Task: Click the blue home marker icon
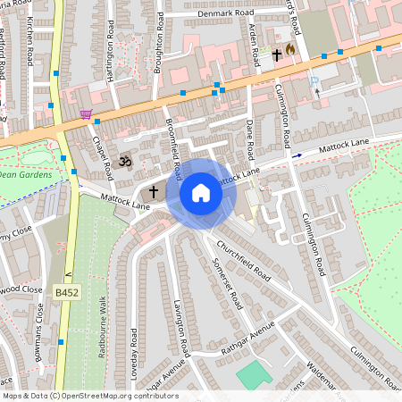pos(201,192)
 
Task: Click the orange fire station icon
pos(290,49)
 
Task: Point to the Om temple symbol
pos(126,162)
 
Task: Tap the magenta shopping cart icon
pos(86,113)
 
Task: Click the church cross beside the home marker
pos(153,191)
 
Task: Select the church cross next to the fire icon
pos(277,55)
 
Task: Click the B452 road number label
pos(65,292)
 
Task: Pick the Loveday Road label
pos(134,349)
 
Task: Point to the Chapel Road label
pos(101,150)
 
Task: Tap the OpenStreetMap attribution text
pos(89,396)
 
